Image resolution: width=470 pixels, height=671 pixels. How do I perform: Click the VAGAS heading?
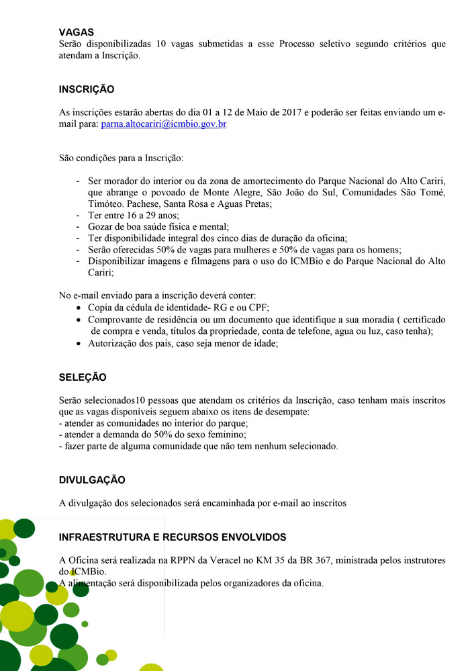click(76, 32)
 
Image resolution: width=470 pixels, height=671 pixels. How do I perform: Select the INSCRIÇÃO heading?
click(87, 89)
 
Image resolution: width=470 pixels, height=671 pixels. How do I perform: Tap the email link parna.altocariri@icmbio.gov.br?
click(163, 124)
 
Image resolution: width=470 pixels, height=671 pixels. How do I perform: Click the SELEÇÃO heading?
click(83, 377)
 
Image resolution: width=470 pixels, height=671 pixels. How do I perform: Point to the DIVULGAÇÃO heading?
click(92, 481)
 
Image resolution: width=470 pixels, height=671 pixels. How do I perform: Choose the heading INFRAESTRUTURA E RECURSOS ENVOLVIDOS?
click(173, 537)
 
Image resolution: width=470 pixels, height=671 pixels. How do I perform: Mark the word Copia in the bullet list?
click(101, 308)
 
